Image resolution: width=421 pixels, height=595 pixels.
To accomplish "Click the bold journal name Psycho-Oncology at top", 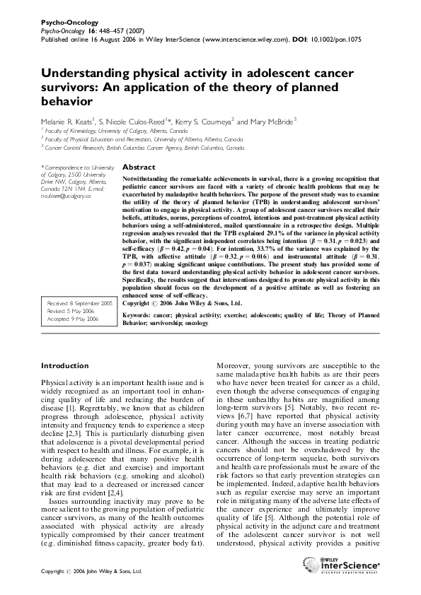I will (x=63, y=23).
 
